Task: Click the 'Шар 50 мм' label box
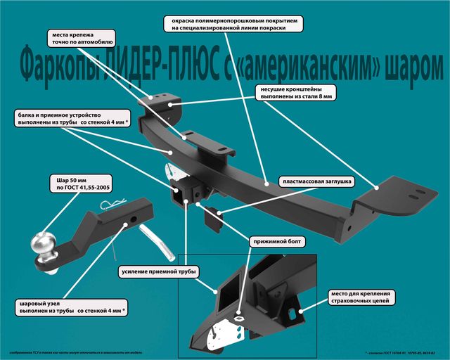tap(78, 184)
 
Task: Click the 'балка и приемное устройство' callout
tap(73, 117)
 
